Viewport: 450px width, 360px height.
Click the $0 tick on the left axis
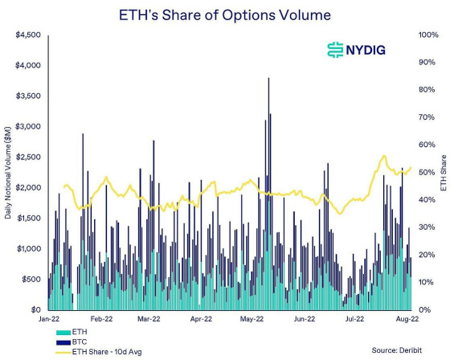(35, 310)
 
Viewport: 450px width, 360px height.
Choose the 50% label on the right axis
(422, 173)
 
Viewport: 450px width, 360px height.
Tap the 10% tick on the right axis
(422, 283)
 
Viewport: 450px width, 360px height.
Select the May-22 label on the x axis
(252, 320)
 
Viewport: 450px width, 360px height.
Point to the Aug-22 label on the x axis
(405, 320)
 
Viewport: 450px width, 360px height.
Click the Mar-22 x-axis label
(150, 320)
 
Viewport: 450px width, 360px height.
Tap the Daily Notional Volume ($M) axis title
(9, 173)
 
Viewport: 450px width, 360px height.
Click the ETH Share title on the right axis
(443, 173)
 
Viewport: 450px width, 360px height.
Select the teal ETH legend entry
(73, 331)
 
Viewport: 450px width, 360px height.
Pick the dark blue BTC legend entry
(73, 341)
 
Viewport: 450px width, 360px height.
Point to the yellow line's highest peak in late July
(384, 156)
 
